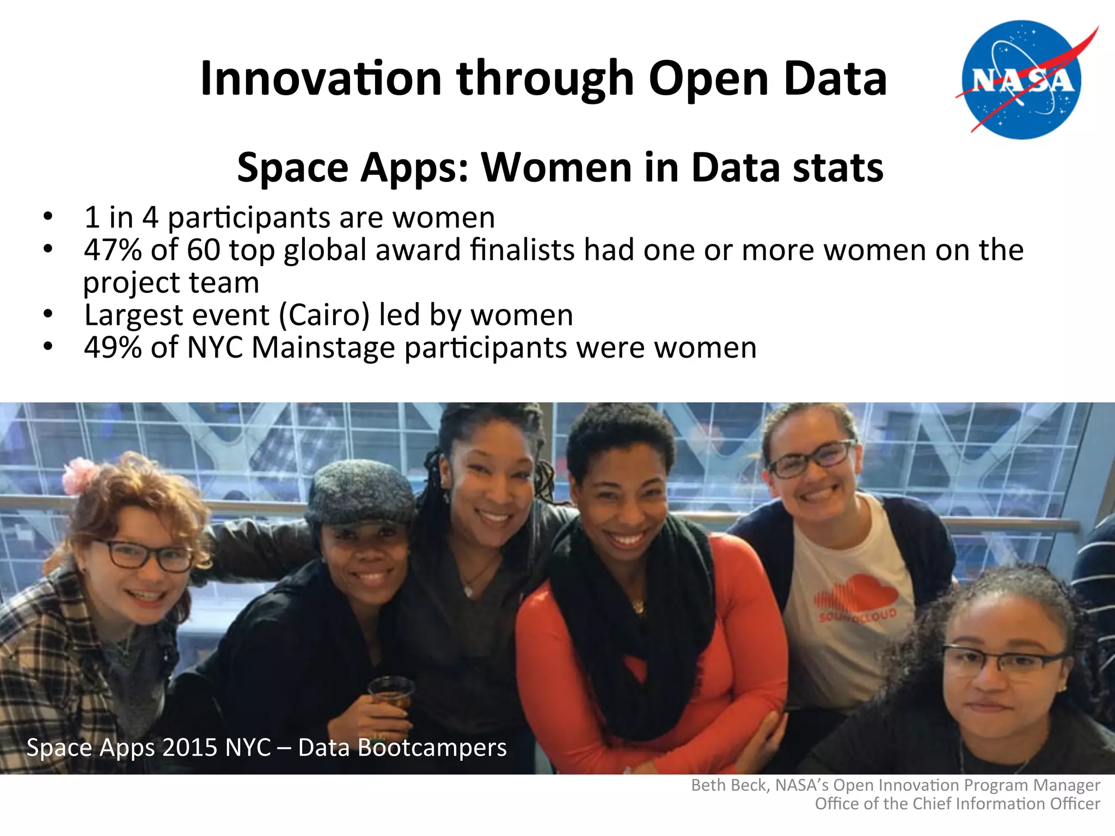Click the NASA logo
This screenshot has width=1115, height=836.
coord(1022,79)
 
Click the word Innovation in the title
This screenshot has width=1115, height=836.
coord(321,79)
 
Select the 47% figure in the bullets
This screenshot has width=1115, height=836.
coord(113,250)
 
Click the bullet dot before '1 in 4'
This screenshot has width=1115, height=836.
coord(48,217)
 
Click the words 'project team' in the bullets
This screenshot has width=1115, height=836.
coord(171,282)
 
